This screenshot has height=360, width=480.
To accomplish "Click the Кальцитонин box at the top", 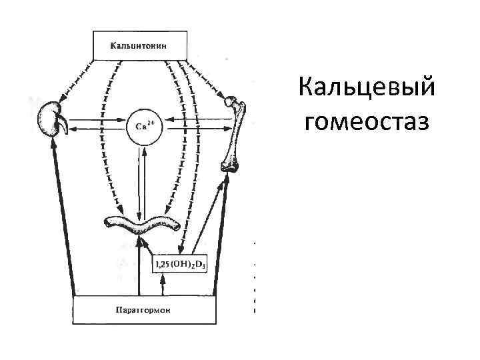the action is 139,46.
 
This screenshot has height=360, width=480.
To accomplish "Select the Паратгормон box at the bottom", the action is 145,310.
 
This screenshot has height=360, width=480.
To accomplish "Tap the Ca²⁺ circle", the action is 143,125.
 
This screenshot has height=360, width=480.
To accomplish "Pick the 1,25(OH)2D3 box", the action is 180,265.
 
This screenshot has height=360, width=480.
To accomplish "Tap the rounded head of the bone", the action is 231,102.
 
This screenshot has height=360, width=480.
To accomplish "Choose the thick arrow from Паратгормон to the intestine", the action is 139,267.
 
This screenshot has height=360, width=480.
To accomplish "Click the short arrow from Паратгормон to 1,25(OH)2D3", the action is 163,285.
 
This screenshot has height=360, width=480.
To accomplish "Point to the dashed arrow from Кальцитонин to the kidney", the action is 76,77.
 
